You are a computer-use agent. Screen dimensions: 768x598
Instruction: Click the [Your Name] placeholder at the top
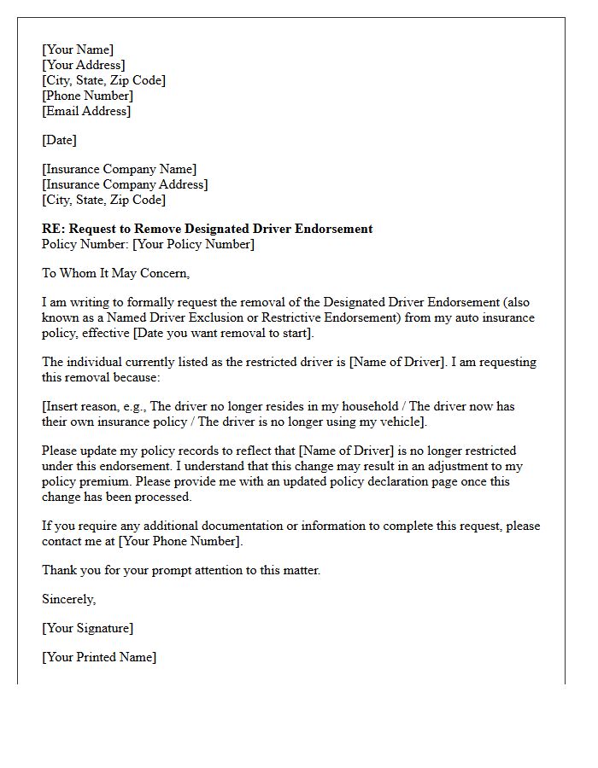[x=78, y=49]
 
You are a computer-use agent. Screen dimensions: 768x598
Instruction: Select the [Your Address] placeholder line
[x=84, y=65]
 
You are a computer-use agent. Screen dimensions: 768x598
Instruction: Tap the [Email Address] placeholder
[x=86, y=111]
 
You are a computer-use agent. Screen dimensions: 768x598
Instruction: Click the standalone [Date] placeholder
[x=60, y=140]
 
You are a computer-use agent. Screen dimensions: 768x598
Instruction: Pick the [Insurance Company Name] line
[x=119, y=169]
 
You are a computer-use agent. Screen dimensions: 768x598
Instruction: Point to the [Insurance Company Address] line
[x=125, y=184]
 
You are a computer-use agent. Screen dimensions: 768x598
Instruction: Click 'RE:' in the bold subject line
[x=53, y=229]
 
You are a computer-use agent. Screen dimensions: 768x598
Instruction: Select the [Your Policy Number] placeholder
[x=193, y=244]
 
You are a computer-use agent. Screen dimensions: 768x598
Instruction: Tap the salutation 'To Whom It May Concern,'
[x=115, y=273]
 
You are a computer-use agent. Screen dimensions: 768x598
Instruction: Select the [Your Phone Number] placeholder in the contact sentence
[x=180, y=541]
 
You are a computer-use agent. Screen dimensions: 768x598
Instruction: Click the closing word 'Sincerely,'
[x=69, y=599]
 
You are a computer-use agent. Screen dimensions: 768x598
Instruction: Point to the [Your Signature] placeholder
[x=87, y=628]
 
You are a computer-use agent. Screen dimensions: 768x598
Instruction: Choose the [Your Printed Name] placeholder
[x=99, y=657]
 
